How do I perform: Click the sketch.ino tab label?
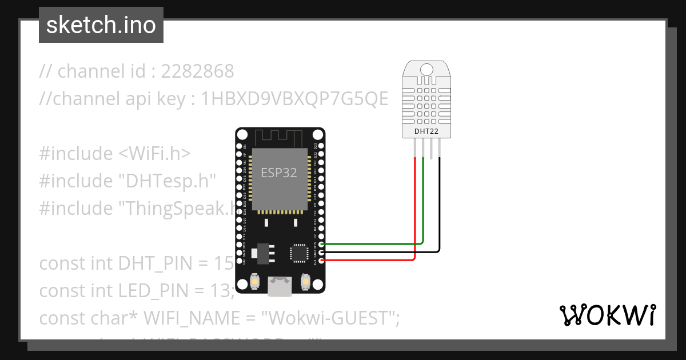(101, 25)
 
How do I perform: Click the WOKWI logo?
(607, 315)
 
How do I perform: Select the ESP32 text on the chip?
(279, 173)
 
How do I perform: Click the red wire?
(414, 217)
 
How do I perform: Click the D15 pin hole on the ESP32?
(322, 244)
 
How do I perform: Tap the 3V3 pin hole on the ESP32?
(322, 261)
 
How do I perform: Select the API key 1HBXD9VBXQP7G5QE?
(295, 99)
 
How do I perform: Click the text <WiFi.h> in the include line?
(154, 154)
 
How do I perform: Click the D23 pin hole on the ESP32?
(322, 146)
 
